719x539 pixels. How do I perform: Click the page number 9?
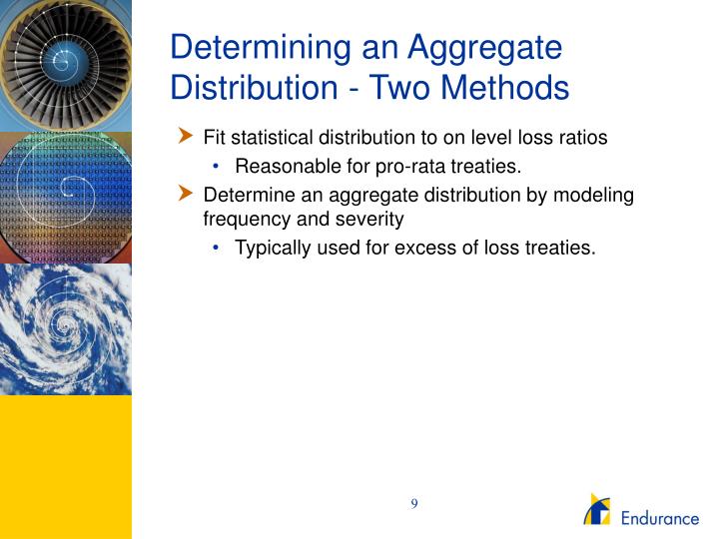point(413,503)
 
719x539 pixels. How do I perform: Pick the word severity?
point(371,219)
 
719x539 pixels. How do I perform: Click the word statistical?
point(264,138)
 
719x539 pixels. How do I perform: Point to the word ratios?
point(582,138)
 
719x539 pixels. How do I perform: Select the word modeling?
point(598,195)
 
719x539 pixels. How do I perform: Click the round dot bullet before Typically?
point(216,248)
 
